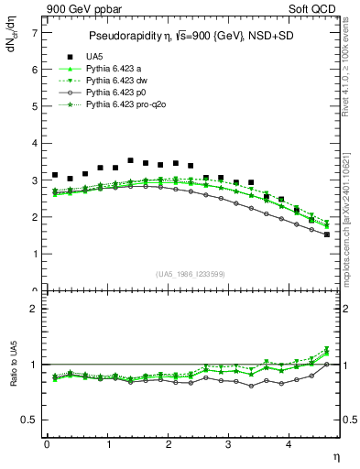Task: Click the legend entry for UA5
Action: click(94, 57)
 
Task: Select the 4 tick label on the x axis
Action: click(289, 445)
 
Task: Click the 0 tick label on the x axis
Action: click(47, 445)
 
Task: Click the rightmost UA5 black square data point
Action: click(327, 234)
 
